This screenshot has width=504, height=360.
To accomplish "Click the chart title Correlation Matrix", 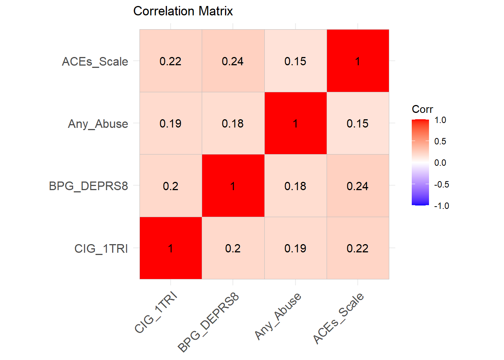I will pos(183,11).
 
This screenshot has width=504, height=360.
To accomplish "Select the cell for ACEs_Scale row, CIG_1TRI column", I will pos(171,61).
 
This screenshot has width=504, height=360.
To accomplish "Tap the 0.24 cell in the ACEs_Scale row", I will pos(233,61).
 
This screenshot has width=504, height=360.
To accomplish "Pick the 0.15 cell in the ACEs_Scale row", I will pos(295,61).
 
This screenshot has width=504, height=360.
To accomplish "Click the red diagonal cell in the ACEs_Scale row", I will pos(358,61).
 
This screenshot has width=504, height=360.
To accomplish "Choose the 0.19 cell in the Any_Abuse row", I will pos(171,123).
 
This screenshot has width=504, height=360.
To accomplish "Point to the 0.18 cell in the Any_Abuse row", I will pos(233,123).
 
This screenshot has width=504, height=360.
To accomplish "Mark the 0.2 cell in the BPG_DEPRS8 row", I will pos(171,186).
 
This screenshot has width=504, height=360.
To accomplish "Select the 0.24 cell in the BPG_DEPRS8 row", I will pos(358,186).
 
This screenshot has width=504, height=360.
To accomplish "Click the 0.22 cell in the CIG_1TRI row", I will pos(358,248).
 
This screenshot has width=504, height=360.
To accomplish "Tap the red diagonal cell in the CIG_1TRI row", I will pos(171,248).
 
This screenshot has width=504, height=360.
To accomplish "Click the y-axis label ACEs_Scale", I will pos(95,61).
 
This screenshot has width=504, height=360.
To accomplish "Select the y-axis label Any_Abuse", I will pos(98,124).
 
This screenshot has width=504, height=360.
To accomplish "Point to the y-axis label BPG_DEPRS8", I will pos(88,186).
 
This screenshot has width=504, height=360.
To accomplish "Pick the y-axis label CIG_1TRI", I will pos(101,249).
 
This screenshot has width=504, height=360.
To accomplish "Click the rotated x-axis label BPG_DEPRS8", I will pos(208,323).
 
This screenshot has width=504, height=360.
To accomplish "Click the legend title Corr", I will pos(422,109).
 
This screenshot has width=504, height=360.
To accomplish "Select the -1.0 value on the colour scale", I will pos(442,206).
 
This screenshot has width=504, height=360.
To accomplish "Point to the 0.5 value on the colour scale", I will pos(440,141).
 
